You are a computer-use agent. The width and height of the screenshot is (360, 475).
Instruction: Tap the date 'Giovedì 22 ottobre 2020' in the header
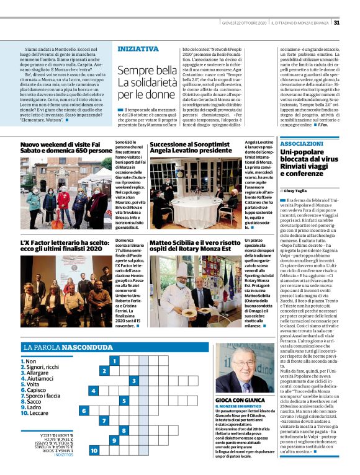[248, 23]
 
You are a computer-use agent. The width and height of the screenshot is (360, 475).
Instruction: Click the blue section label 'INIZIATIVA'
[138, 48]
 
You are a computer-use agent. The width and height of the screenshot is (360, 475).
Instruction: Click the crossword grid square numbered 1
[114, 360]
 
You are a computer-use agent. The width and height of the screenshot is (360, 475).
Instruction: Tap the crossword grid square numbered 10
[94, 451]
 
